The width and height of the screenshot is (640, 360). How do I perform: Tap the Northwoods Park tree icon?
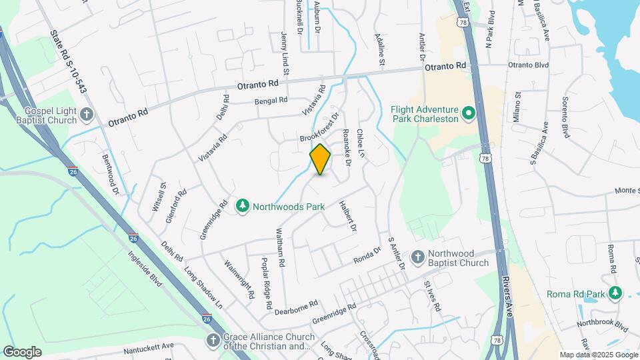tap(243, 207)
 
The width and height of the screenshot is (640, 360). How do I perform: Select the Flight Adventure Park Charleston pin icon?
tap(467, 114)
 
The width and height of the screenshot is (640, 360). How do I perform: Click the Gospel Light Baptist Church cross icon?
tap(86, 115)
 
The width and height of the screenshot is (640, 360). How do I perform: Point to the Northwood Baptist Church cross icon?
tap(417, 258)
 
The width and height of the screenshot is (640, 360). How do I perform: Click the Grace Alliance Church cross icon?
tap(213, 341)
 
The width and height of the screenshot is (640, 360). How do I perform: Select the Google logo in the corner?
tap(22, 352)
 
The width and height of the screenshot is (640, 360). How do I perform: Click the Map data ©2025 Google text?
tap(598, 355)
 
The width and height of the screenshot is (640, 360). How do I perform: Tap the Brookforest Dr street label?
tap(319, 127)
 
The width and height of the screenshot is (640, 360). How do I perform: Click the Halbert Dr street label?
tap(348, 217)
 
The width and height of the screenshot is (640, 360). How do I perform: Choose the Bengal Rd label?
tap(271, 101)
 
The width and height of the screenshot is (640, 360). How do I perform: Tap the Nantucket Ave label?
tap(148, 349)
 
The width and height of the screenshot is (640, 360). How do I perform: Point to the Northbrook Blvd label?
tap(604, 327)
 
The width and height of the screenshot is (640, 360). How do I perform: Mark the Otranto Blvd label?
tap(528, 65)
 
